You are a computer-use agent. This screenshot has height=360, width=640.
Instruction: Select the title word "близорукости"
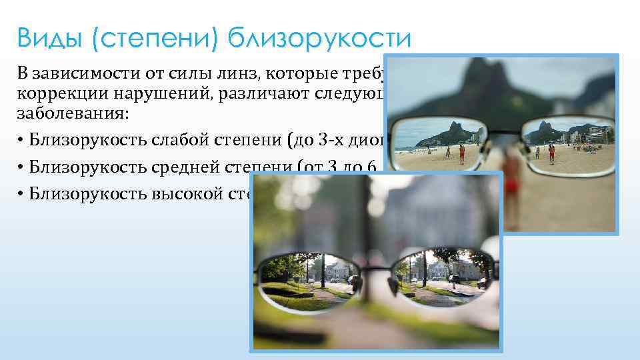318,39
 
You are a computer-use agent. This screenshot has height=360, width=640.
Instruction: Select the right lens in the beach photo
571,141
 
